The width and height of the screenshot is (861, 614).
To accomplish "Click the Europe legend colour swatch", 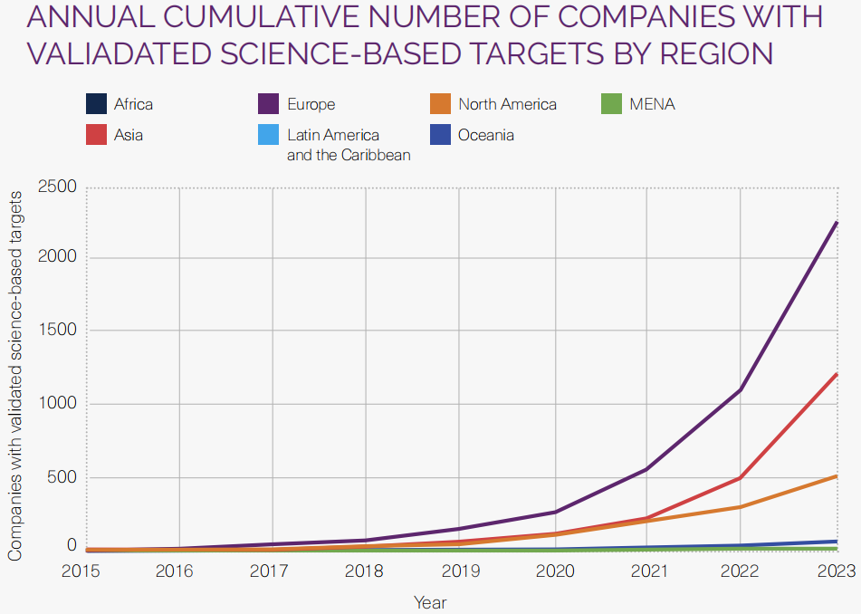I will coord(269,104).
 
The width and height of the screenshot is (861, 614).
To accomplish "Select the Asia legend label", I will coord(129,135).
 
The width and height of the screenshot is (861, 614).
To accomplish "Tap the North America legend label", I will coord(507,104).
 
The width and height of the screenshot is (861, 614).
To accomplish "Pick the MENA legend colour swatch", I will coord(611,104).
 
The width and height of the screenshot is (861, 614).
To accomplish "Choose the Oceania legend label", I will coord(486,135).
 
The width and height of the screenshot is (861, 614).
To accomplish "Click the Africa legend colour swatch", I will coord(96,104).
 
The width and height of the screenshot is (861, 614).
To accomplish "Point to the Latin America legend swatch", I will coord(269,136).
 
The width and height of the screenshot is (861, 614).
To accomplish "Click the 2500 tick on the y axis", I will coord(57,187).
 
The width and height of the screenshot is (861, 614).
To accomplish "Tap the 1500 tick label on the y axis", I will coord(57,331).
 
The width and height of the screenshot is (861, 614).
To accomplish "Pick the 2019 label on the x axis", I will coord(460,571).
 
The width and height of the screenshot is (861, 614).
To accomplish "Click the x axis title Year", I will coord(430,601).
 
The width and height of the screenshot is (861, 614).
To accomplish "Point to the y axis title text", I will coord(15,376).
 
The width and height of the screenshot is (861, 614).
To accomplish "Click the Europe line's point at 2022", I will coord(741,390).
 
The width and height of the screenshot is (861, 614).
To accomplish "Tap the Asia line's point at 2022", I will coord(741,477).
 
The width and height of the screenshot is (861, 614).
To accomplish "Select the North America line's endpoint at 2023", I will coord(836,475).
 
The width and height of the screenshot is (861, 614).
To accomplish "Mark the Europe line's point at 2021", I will coord(647,469).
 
